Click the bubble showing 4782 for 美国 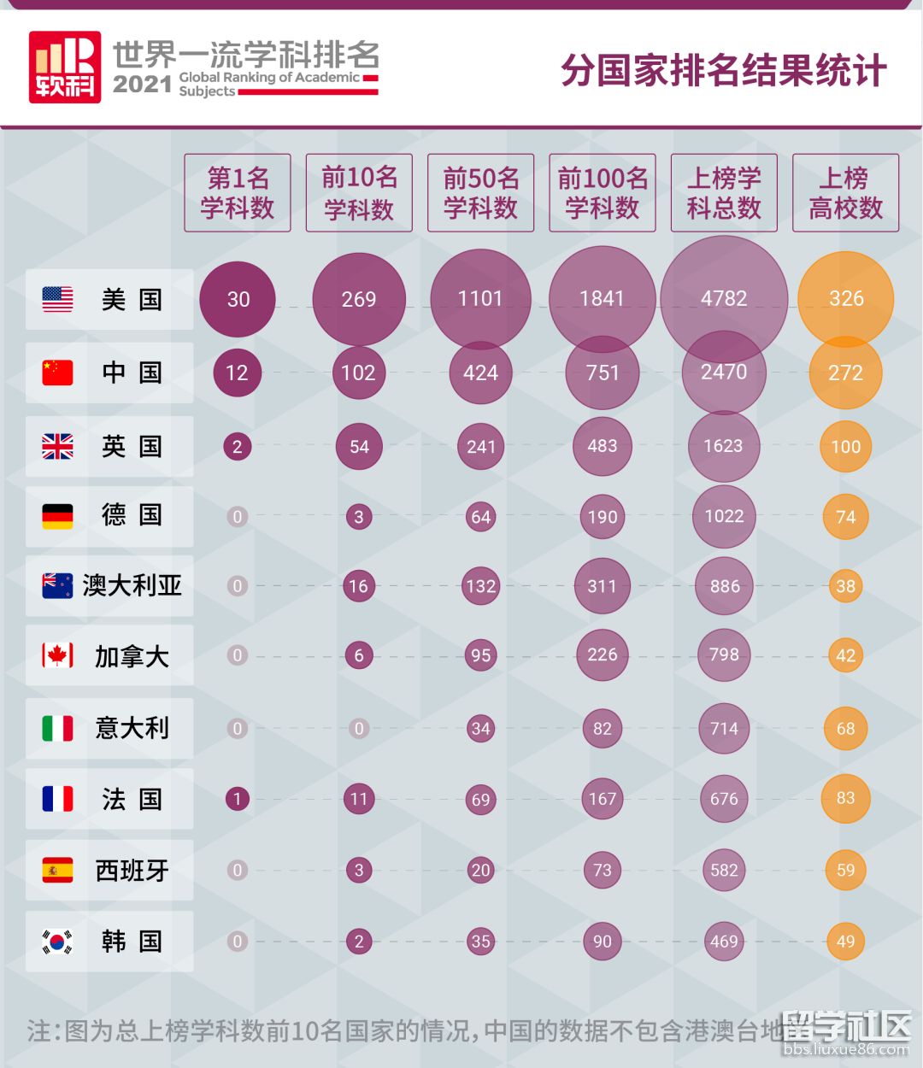click(x=724, y=299)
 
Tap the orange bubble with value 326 click(x=846, y=299)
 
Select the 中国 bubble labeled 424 click(x=480, y=373)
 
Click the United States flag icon click(x=58, y=299)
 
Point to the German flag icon click(x=58, y=515)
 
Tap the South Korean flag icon click(x=58, y=942)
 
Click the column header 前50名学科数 click(x=480, y=193)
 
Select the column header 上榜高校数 click(x=845, y=193)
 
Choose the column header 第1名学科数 click(x=238, y=193)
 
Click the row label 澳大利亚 click(x=132, y=585)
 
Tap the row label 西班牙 click(x=132, y=871)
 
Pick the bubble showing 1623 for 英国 click(x=723, y=446)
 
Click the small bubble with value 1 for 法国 click(x=237, y=799)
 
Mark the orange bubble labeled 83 click(x=845, y=798)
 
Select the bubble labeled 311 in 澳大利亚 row click(x=602, y=586)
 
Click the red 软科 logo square click(x=65, y=67)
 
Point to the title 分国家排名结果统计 click(x=723, y=70)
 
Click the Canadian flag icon click(x=58, y=655)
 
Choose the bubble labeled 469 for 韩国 click(x=724, y=942)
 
